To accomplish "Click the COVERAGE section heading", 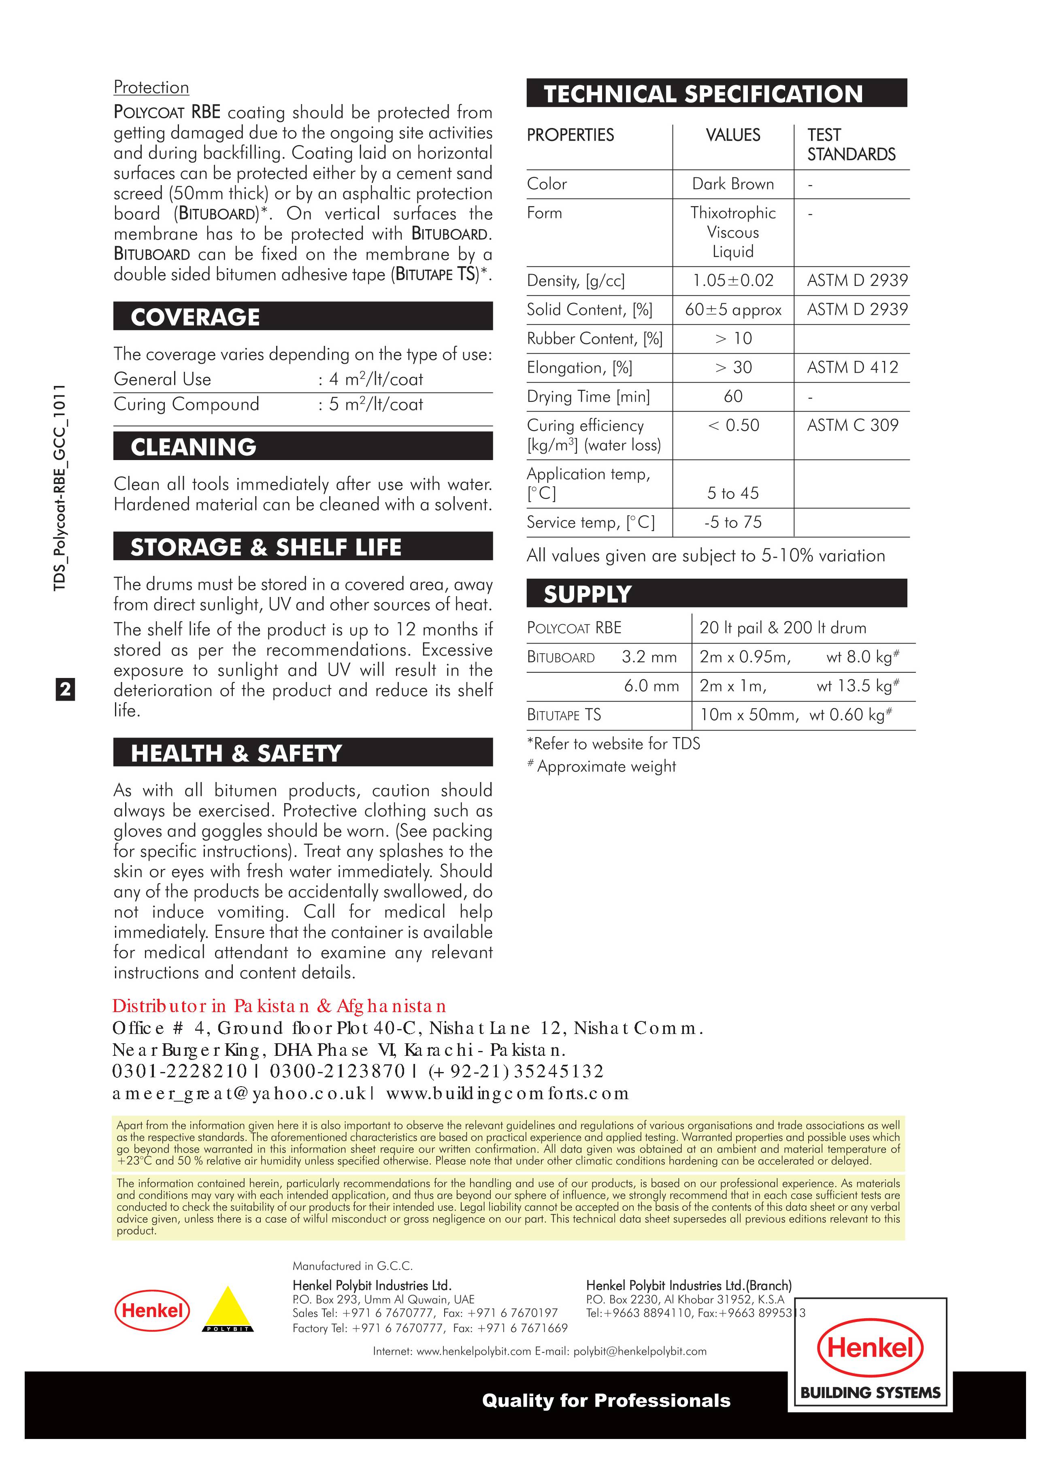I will tap(196, 317).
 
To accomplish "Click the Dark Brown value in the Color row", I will tap(733, 184).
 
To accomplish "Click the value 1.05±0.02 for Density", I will tap(733, 280).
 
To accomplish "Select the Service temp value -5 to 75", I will tap(733, 522).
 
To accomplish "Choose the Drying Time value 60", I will tap(733, 396).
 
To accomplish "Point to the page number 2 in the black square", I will tap(65, 690).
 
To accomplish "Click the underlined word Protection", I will tap(151, 87).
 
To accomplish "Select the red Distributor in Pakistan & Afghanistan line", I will tap(279, 1006).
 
